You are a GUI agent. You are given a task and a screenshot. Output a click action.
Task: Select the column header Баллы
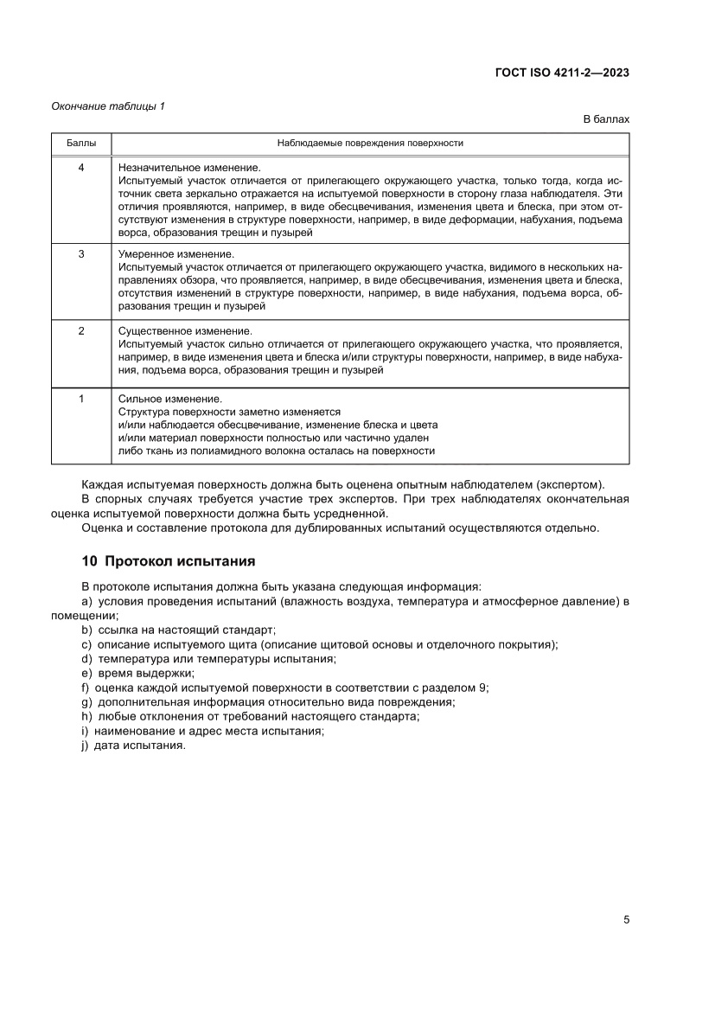click(80, 143)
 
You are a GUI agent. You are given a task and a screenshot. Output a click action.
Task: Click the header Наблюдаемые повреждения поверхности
click(370, 143)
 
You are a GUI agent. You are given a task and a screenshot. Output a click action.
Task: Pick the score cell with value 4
click(80, 167)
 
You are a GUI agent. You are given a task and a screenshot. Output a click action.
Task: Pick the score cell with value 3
click(80, 254)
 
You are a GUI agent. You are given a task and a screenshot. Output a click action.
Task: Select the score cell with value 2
click(80, 331)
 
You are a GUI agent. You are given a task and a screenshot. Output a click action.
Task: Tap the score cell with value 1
click(80, 399)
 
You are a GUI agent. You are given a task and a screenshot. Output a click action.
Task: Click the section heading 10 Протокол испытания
click(168, 561)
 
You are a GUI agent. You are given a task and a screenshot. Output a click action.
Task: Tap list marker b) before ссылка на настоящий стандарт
click(86, 630)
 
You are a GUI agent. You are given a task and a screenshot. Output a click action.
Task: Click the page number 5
click(625, 919)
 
